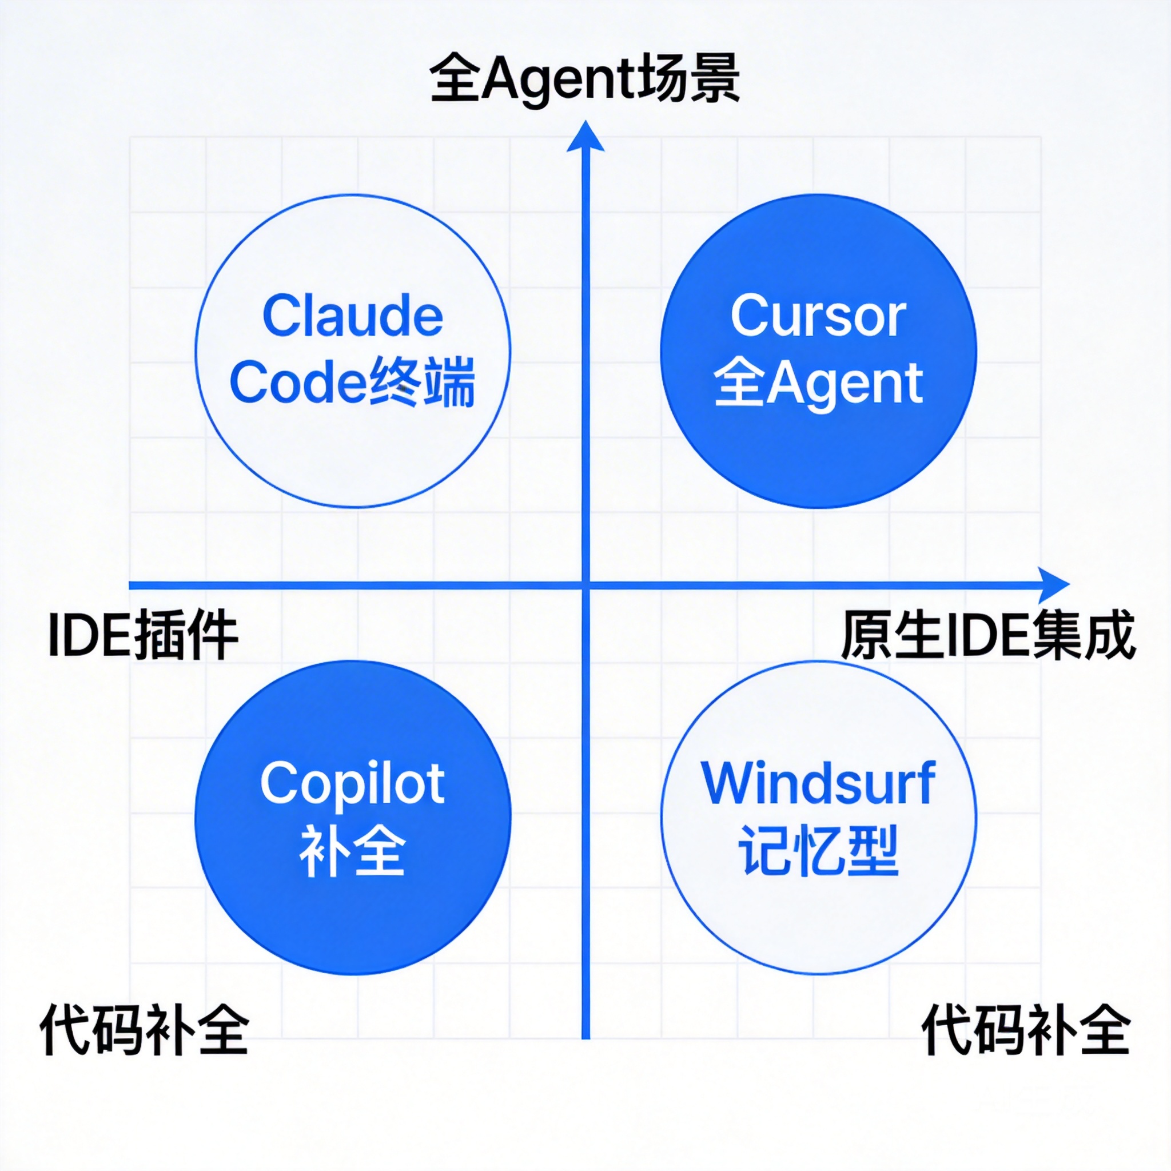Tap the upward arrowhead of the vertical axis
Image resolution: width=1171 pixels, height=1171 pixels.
coord(585,137)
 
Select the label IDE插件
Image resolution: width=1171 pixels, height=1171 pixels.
coord(143,635)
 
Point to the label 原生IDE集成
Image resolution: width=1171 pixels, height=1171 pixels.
coord(988,635)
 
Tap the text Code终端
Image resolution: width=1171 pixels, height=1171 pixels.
coord(353,382)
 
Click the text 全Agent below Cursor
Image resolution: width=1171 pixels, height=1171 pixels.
coord(818,382)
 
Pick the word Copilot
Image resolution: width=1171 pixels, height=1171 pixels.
coord(353,783)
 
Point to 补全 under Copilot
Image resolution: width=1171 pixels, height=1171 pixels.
coord(353,850)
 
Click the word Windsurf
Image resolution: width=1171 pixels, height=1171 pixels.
coord(818,783)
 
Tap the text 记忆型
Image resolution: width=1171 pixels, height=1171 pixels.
coord(818,850)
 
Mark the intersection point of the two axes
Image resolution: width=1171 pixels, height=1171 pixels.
coord(585,585)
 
